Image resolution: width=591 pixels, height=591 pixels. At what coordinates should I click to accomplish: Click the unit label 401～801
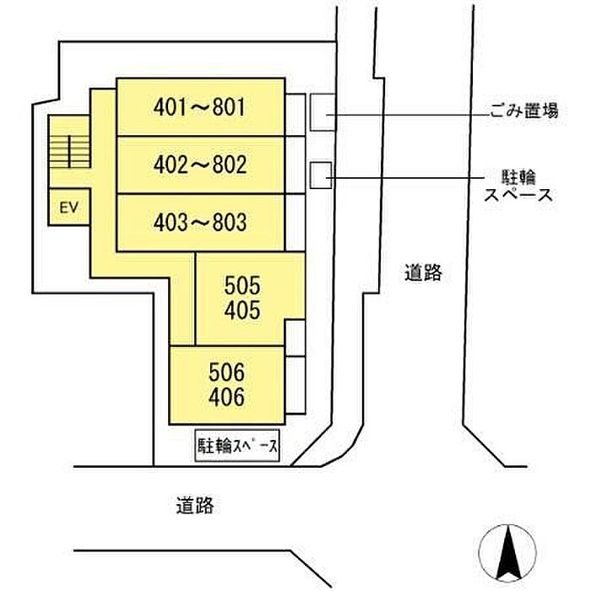pos(199,107)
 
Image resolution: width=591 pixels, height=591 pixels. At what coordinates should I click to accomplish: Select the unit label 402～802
pos(200,165)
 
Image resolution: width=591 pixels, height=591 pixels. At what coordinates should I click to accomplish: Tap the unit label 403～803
pos(200,222)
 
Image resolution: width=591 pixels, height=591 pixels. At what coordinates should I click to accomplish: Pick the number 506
pos(225,371)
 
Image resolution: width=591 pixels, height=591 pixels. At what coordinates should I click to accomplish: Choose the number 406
pos(225,397)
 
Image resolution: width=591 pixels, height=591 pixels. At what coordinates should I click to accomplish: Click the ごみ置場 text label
pos(523,111)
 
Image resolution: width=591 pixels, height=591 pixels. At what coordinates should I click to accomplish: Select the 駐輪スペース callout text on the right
pos(518,186)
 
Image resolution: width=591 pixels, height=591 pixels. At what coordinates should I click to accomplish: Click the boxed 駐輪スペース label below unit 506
pos(238,447)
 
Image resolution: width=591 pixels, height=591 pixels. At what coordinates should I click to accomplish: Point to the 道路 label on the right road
pos(423,273)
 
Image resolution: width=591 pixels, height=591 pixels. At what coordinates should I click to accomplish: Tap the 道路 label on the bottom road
pos(195,506)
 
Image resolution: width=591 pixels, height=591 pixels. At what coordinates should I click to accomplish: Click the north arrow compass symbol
pos(507,553)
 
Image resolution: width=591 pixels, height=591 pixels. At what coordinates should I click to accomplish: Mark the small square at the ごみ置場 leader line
pos(321,112)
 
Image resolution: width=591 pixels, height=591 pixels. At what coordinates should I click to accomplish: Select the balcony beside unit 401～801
pos(295,115)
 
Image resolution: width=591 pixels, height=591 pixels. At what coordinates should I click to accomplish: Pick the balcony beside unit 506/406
pos(294,384)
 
